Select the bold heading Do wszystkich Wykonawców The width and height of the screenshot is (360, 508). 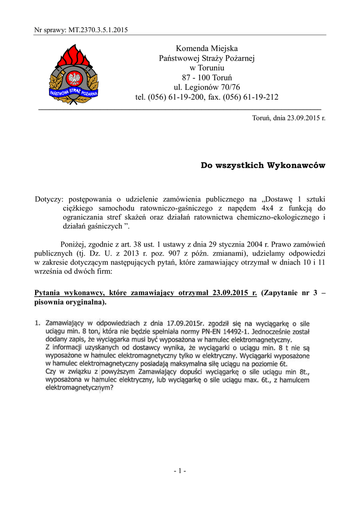pos(263,165)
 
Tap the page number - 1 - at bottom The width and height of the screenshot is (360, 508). pos(180,471)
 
